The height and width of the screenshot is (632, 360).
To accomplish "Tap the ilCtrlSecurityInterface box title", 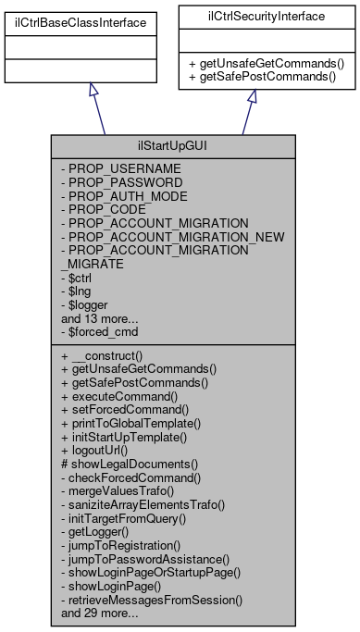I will click(x=251, y=18).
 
